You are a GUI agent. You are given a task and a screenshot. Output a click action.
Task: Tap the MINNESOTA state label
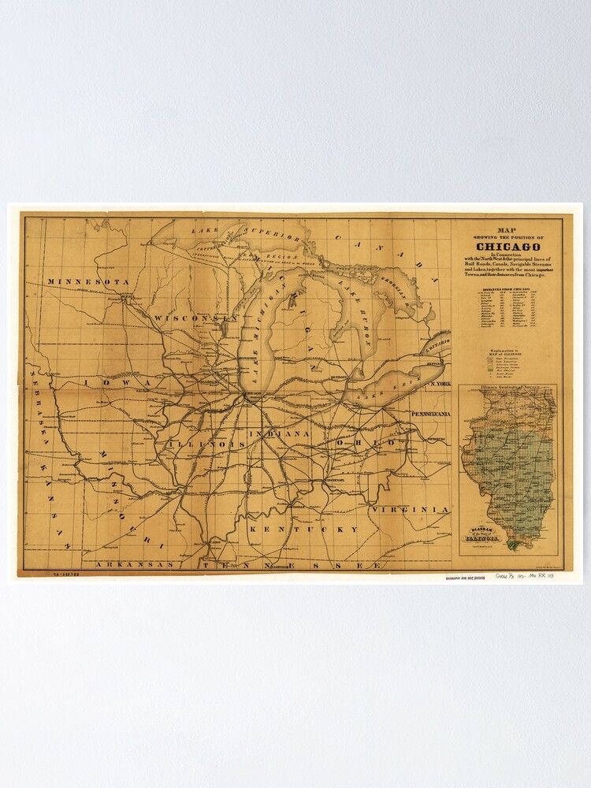(x=87, y=281)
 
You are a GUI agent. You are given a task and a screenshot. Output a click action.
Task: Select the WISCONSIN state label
(x=195, y=318)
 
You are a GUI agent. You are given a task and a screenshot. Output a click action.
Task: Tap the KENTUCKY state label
(x=303, y=530)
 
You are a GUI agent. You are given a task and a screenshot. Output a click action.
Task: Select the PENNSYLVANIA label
(x=429, y=413)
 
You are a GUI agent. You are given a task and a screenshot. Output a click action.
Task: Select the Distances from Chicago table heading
(x=507, y=290)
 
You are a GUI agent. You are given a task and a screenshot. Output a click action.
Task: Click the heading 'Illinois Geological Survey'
(x=507, y=388)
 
